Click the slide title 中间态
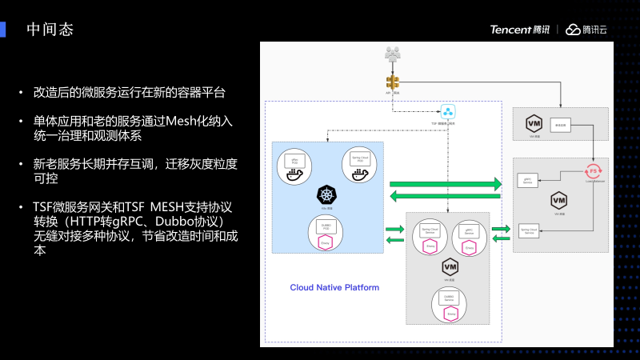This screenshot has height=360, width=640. tap(50, 30)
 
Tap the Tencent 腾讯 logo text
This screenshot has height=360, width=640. tap(520, 30)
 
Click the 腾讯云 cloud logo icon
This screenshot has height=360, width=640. tap(573, 30)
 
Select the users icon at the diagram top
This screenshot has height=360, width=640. tap(392, 54)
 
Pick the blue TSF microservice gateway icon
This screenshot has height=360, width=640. tap(447, 110)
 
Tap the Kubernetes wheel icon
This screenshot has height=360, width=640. tap(326, 194)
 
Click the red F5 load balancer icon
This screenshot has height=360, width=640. tap(593, 170)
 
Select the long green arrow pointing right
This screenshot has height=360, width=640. tap(446, 184)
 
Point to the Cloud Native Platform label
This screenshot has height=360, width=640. tap(334, 287)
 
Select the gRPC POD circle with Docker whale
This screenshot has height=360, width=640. tap(294, 165)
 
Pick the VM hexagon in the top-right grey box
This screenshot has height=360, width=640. tap(533, 123)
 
